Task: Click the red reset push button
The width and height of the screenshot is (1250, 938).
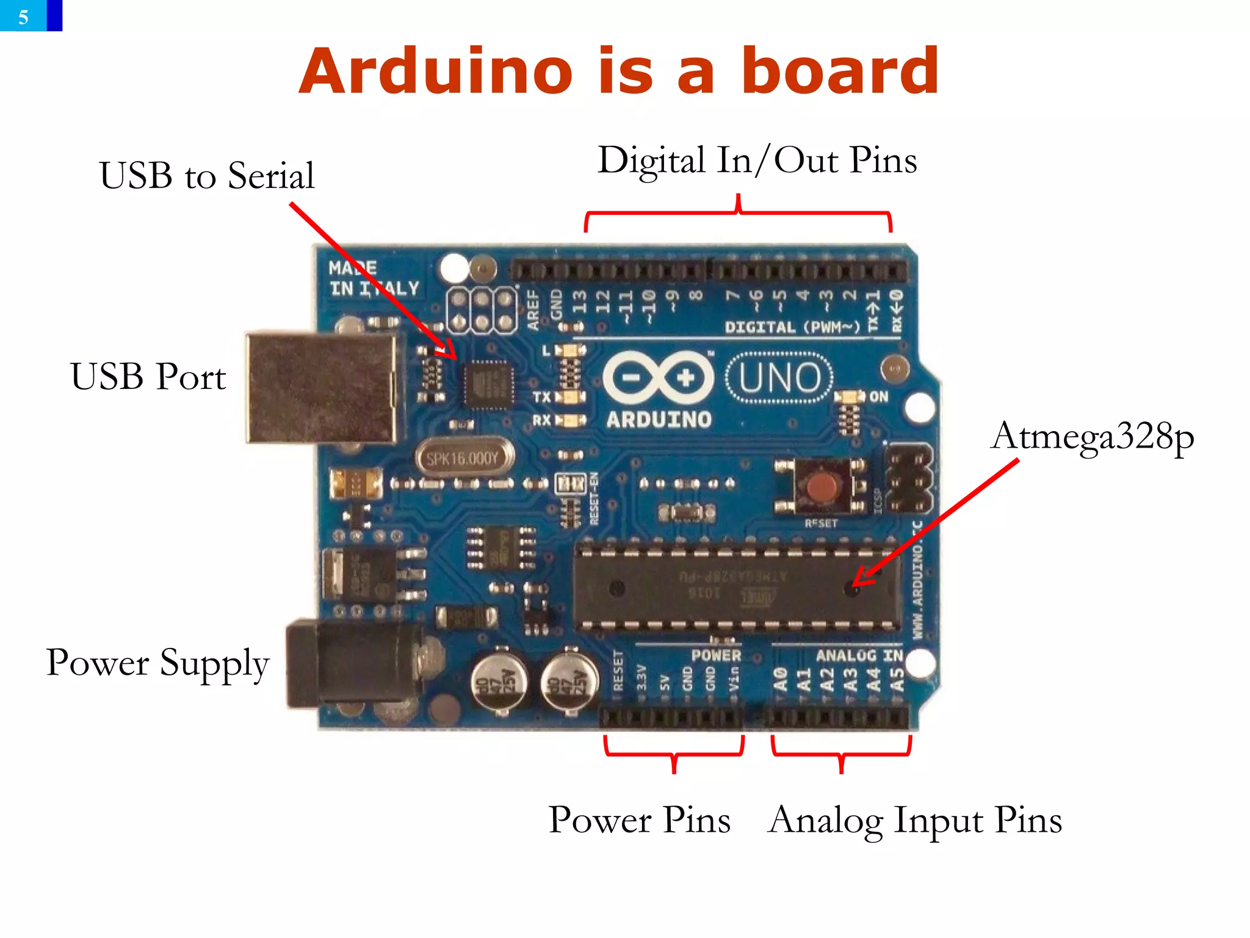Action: (822, 487)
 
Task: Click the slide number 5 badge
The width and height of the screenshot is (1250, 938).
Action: (24, 16)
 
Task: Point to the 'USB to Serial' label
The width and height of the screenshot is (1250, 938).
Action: (207, 176)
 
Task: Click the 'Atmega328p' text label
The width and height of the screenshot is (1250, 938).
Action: (1092, 437)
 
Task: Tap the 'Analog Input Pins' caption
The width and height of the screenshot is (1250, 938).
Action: (915, 820)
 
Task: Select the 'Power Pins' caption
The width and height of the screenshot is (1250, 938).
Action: (639, 820)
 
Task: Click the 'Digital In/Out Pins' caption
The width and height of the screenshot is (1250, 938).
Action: (757, 161)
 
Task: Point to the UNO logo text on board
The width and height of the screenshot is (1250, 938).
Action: (779, 378)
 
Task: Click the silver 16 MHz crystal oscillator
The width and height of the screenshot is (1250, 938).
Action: (463, 457)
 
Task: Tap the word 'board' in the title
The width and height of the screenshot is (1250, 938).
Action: (839, 72)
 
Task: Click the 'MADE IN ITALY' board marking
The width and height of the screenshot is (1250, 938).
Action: (373, 278)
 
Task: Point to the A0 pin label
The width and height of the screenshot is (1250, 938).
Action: (781, 679)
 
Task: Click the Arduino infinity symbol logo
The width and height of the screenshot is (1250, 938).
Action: (659, 377)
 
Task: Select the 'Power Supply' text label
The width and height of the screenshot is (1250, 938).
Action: (157, 663)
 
